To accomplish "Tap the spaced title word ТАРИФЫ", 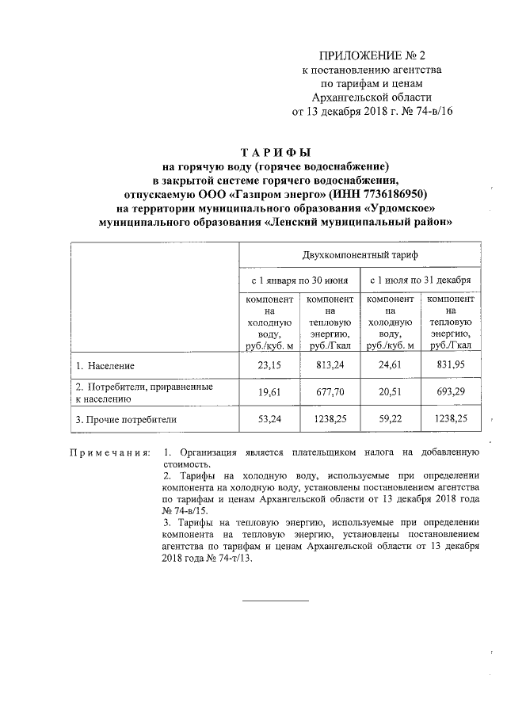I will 276,153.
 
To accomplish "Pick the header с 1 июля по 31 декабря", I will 420,280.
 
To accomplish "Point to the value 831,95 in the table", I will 450,365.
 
